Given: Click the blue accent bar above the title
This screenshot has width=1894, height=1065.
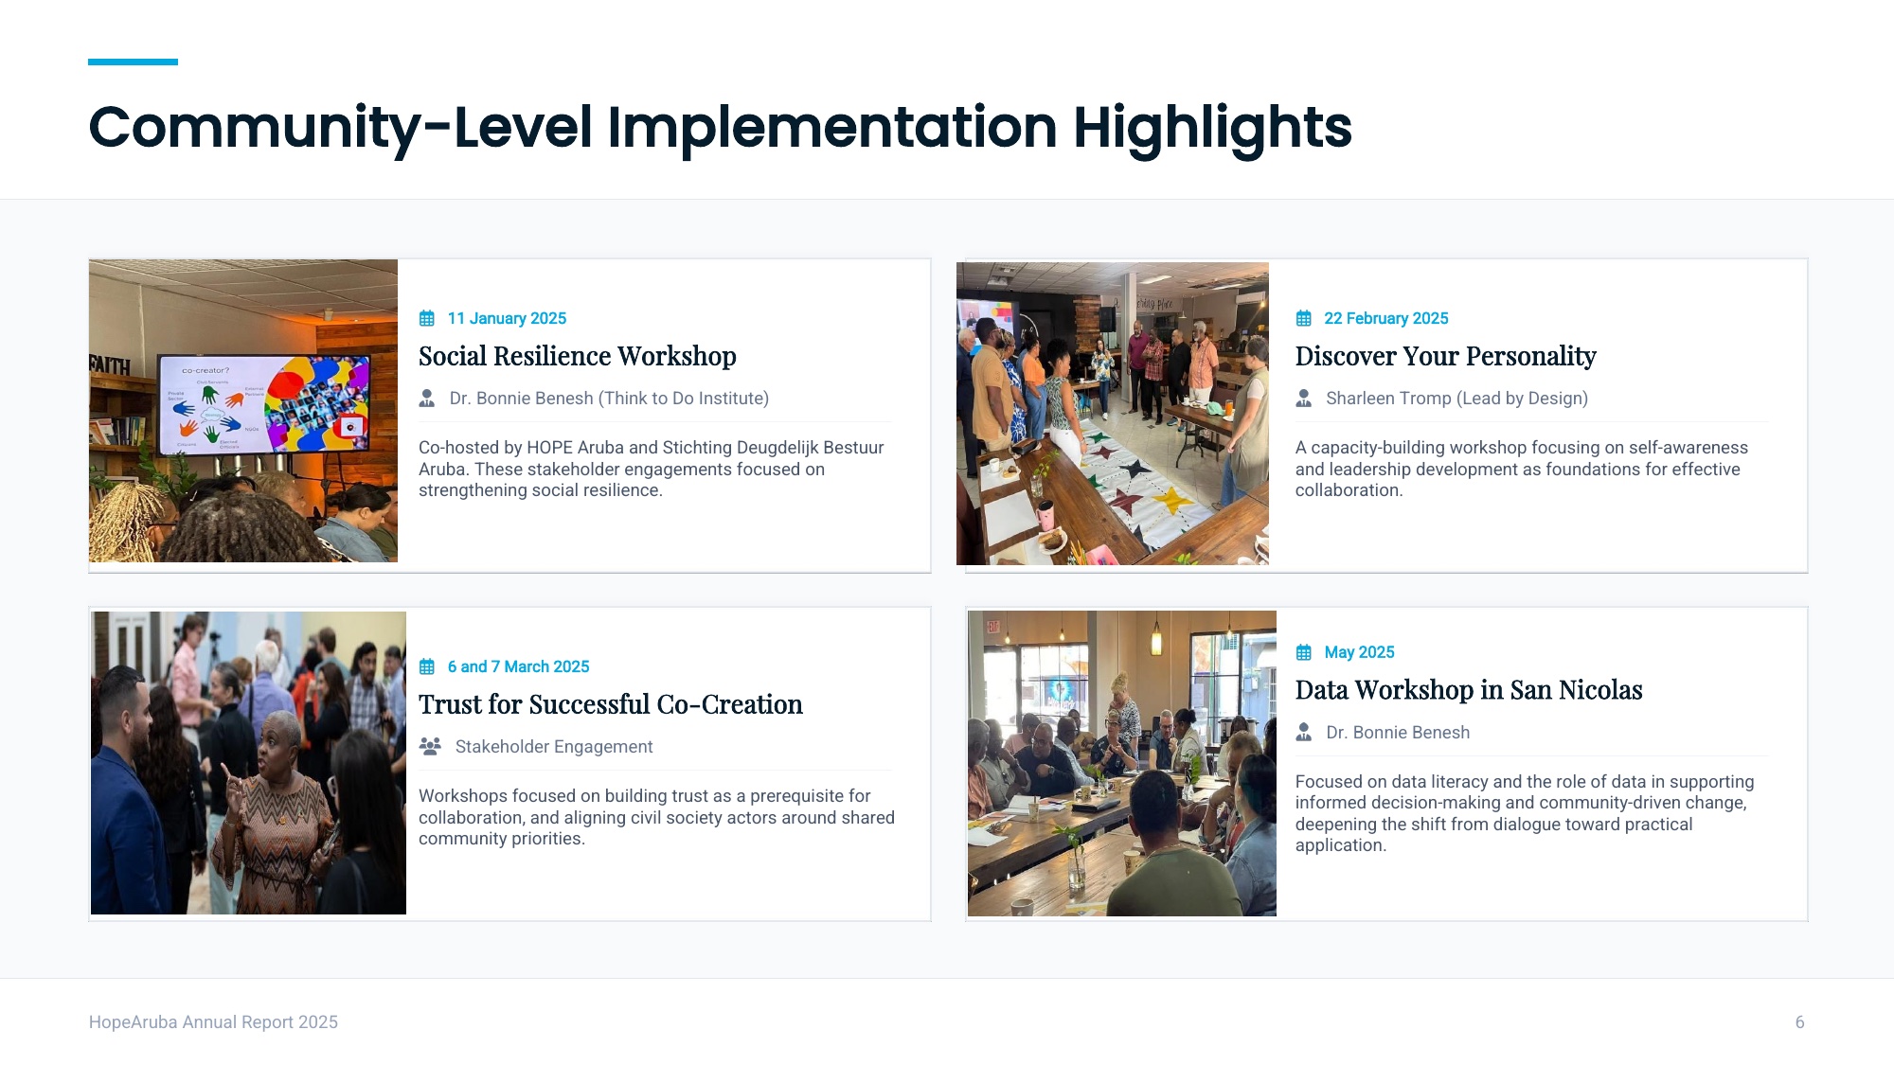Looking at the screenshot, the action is [x=133, y=62].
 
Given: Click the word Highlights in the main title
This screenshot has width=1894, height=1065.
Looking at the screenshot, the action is [x=1212, y=129].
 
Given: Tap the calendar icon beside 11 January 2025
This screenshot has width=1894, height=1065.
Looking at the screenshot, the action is [x=427, y=318].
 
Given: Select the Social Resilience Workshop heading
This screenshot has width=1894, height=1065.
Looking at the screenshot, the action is [x=578, y=356].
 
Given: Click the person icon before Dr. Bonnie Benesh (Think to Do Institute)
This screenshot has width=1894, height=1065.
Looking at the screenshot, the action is [x=427, y=399].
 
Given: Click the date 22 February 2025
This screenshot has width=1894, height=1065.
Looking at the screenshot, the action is [x=1386, y=318].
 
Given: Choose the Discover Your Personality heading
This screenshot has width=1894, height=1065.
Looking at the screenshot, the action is [x=1446, y=356].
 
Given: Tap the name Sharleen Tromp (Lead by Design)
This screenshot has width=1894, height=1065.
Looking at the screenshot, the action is [x=1457, y=399].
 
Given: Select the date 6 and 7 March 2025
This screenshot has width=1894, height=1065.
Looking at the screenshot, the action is [x=519, y=666].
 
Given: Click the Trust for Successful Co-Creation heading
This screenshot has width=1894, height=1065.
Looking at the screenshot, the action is [x=611, y=704].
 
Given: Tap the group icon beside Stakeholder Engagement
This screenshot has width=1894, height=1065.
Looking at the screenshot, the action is [x=430, y=747].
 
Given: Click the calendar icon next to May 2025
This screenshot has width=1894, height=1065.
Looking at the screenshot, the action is [x=1304, y=652].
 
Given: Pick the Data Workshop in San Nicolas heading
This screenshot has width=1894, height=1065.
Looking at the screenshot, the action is [x=1469, y=690].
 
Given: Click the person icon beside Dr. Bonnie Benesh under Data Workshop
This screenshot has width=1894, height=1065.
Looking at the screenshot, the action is [x=1304, y=733].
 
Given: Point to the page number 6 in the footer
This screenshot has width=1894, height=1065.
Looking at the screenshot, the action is [x=1800, y=1022].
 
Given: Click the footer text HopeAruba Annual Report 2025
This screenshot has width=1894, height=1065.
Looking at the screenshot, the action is [x=213, y=1022].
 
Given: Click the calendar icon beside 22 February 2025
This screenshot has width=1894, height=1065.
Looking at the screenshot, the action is [x=1304, y=318].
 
